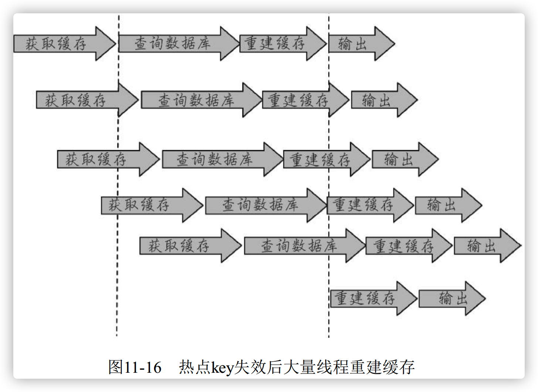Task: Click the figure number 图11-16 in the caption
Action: [135, 367]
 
